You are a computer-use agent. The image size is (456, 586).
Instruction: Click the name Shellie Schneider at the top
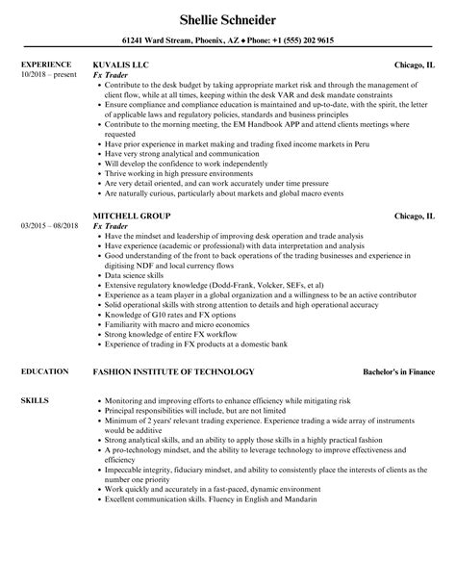228,18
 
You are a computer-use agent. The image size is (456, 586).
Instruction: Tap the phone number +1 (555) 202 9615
302,41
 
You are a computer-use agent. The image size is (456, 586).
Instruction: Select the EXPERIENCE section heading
47,65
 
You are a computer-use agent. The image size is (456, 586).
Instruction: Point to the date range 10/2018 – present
48,75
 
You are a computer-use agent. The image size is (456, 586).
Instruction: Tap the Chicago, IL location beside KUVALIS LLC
415,65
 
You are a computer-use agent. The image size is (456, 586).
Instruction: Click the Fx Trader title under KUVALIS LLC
111,76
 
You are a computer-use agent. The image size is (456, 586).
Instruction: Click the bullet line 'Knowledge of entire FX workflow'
159,337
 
